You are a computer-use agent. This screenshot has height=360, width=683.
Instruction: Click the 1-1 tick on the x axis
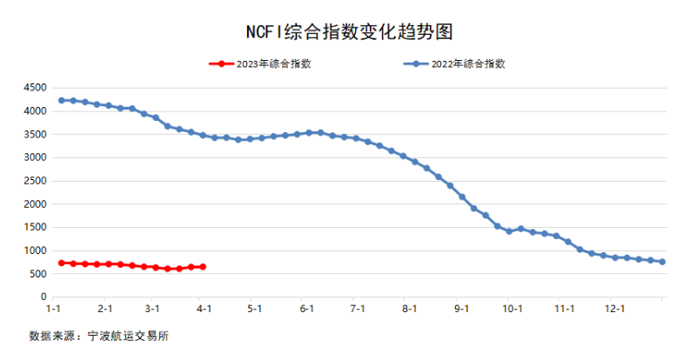coord(54,309)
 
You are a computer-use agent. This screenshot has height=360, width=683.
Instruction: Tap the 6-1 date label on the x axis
coord(306,309)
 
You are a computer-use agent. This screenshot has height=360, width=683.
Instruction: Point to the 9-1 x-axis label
coord(460,309)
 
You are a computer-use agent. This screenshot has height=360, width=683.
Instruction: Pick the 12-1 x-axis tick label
coord(615,309)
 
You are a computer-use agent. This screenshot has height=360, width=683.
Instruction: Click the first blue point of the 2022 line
coord(61,100)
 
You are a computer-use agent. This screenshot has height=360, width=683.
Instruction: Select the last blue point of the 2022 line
coord(662,262)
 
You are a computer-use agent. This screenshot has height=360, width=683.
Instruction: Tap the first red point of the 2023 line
coord(61,263)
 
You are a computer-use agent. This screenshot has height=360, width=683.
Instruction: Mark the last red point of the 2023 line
coord(203,267)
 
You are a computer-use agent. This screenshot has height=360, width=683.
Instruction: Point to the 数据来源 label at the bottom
coord(50,335)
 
